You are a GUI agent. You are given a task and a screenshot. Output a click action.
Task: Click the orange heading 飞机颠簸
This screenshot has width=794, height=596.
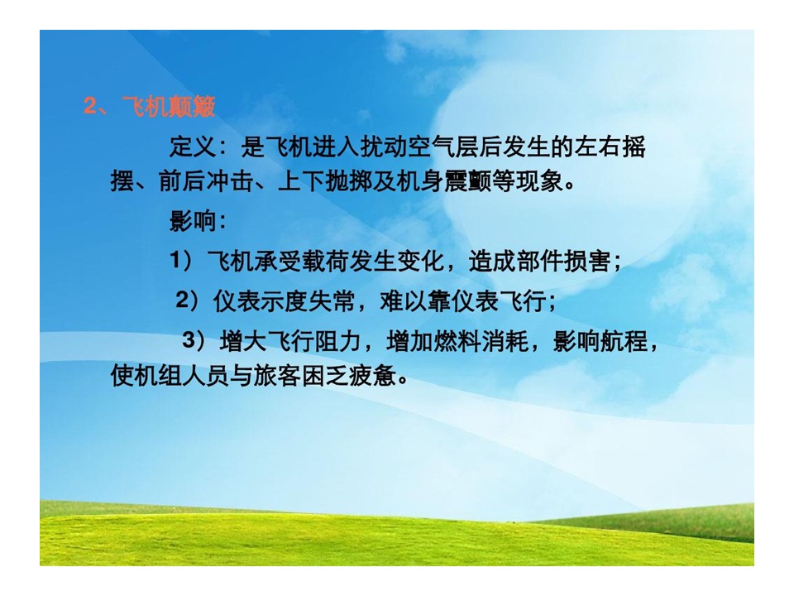click(169, 107)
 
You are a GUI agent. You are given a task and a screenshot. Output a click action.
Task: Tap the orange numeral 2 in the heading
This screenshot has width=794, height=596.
click(90, 107)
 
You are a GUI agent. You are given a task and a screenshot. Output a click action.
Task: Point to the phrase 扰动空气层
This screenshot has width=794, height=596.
click(419, 147)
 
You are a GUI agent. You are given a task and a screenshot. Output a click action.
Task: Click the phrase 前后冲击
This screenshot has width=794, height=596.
click(206, 181)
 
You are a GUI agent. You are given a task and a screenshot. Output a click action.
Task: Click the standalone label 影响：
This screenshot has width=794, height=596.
click(198, 221)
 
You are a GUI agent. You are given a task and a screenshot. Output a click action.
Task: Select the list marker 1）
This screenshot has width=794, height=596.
click(182, 261)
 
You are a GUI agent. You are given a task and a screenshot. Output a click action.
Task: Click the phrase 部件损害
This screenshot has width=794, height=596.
click(563, 261)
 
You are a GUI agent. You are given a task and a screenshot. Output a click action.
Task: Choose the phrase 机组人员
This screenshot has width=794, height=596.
click(182, 375)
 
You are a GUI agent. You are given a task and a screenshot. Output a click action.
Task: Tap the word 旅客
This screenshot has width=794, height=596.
click(277, 375)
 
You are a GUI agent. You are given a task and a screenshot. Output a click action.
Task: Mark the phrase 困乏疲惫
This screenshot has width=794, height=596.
click(348, 375)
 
